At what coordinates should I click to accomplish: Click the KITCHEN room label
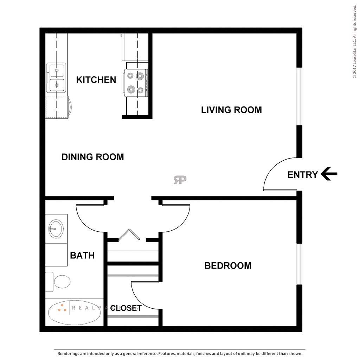(x=96, y=80)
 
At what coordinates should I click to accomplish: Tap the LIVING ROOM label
(x=231, y=110)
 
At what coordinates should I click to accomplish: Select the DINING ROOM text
(x=92, y=157)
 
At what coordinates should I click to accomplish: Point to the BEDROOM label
(x=228, y=265)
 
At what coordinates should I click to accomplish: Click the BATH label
(x=82, y=255)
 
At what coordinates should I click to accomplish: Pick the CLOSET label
(x=126, y=308)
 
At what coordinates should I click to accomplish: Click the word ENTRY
(x=302, y=174)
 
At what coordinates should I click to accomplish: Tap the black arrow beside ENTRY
(x=329, y=174)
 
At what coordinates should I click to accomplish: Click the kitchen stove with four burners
(x=136, y=83)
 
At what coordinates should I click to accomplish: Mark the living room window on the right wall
(x=299, y=96)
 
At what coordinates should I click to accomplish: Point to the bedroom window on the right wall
(x=299, y=264)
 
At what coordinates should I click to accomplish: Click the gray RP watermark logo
(x=180, y=180)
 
